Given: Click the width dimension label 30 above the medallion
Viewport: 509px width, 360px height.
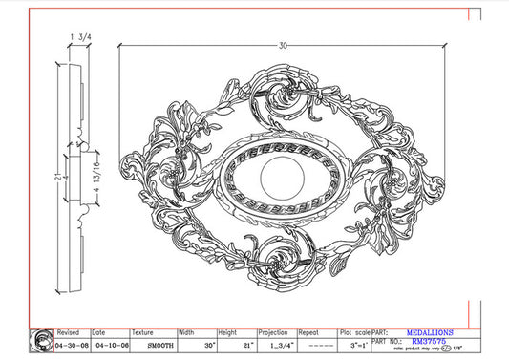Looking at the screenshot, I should pos(283,45).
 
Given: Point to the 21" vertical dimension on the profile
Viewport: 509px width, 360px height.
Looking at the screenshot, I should pos(58,178).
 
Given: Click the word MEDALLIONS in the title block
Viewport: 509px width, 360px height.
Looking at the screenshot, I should pos(425,333).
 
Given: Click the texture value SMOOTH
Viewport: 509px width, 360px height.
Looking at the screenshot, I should pos(152,344).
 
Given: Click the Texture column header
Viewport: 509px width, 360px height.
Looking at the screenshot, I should pos(142,333).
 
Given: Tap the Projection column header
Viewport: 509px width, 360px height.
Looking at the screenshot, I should pos(273,333).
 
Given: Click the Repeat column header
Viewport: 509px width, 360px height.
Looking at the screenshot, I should pos(309,333).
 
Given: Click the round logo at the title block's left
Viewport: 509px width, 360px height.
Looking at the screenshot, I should pos(42,340).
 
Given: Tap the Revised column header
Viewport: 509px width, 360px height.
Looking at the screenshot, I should pos(69,333).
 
